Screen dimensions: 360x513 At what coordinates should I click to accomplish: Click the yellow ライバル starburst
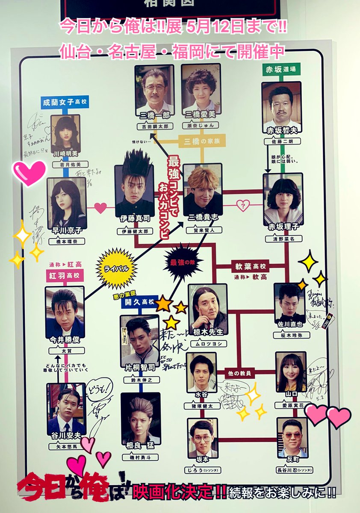(116, 268)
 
